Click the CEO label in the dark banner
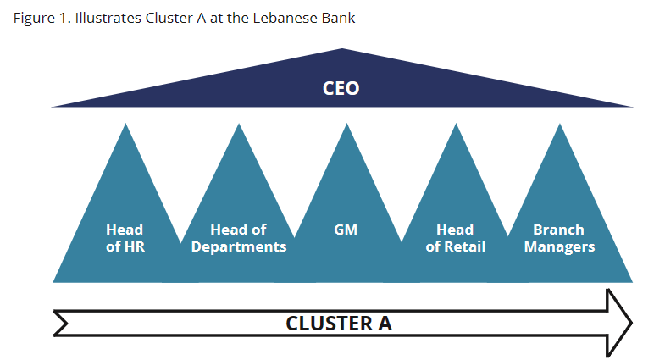coord(341,88)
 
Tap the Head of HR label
coord(125,238)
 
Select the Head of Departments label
coord(239,238)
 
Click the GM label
coord(346,230)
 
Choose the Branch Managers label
coord(559,238)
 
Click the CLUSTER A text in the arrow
coord(339,323)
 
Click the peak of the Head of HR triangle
coord(125,126)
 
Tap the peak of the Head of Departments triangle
coord(238,126)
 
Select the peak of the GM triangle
coord(346,126)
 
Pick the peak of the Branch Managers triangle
coord(559,126)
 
